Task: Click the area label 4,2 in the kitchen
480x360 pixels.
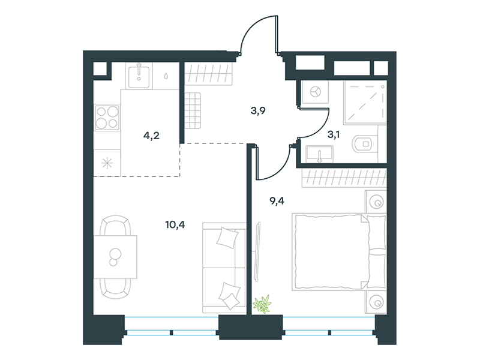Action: (152, 136)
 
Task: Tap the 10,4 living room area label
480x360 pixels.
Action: (175, 225)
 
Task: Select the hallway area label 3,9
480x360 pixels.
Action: (258, 111)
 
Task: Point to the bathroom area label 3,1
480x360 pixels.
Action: (334, 134)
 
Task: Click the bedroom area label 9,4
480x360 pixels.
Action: (277, 201)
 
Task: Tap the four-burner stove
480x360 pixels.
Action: (107, 118)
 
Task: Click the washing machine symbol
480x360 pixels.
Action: (315, 92)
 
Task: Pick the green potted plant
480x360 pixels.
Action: (262, 304)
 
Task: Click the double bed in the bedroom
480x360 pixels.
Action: (339, 252)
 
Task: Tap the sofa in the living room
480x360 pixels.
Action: (224, 268)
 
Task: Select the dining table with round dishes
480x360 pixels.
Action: (115, 257)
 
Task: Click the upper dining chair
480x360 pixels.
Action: (116, 226)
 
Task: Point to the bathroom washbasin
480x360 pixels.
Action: (319, 154)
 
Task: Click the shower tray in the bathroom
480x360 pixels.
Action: (365, 103)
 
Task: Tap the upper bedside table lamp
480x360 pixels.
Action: (376, 202)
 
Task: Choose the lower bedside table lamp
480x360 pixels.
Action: (376, 302)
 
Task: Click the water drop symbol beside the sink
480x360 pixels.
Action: (166, 76)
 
